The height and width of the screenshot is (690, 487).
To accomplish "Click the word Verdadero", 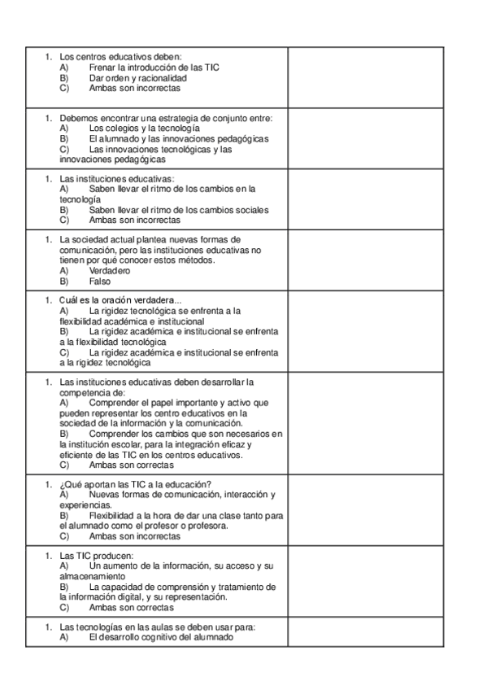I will pos(110,271).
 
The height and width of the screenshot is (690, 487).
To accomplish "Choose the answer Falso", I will pos(100,282).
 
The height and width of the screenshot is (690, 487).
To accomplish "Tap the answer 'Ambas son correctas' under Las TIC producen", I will pos(131,608).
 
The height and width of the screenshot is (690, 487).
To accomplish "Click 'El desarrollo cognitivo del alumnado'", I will pos(161,637).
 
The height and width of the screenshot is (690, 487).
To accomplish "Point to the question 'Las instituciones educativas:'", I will pos(117,179).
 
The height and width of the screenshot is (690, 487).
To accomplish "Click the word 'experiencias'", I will pos(86,505).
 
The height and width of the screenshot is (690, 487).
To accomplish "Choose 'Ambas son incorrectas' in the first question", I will pos(134,88).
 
